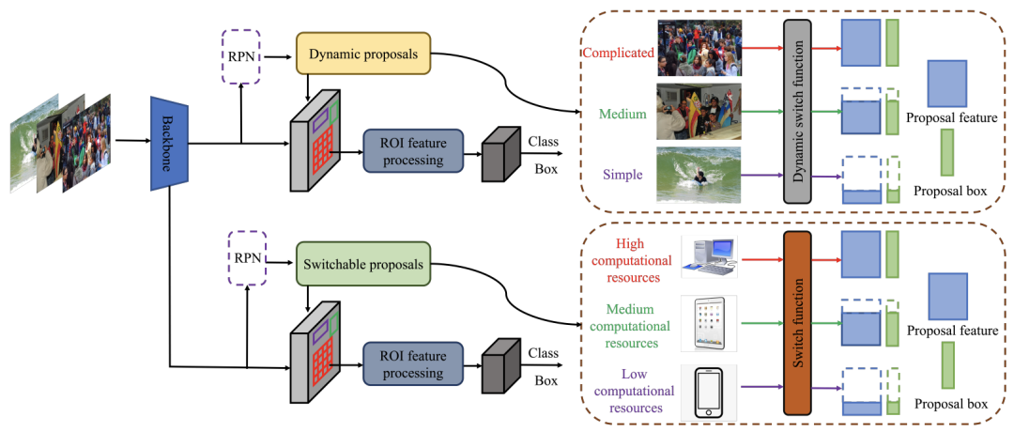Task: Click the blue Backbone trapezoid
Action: (167, 144)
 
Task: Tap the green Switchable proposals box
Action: (363, 265)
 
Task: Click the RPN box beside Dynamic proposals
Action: (240, 56)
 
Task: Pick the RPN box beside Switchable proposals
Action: (248, 258)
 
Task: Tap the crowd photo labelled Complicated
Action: (699, 49)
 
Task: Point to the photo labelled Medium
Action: (699, 111)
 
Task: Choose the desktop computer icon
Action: (709, 257)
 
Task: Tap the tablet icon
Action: (710, 323)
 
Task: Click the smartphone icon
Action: (709, 392)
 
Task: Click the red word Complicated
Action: (618, 53)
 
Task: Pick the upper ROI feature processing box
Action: (413, 150)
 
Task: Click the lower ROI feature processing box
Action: (413, 363)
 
